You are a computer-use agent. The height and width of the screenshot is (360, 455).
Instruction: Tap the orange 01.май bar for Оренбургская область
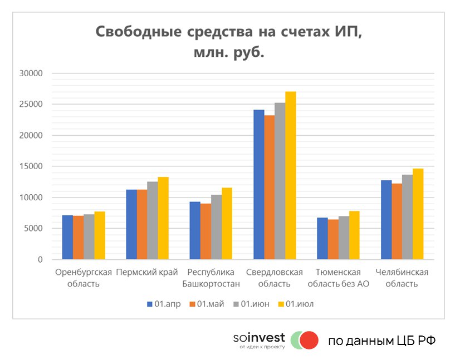click(78, 238)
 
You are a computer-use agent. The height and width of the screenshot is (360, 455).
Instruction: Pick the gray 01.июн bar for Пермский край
click(152, 220)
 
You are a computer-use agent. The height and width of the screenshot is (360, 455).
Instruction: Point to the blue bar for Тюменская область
click(322, 239)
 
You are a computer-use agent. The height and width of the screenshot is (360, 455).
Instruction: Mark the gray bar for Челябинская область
click(407, 217)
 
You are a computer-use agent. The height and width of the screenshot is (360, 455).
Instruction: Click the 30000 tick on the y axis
click(31, 73)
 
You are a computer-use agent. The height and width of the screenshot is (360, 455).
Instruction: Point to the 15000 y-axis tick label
click(31, 166)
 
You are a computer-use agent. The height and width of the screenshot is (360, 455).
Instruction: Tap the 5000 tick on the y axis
click(33, 229)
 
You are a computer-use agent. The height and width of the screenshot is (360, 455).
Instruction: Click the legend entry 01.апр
click(164, 304)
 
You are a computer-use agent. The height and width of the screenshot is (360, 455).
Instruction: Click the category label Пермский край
click(151, 272)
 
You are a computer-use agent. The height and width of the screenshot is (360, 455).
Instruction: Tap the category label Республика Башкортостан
click(214, 278)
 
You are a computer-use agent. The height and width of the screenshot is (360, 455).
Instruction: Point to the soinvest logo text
click(259, 338)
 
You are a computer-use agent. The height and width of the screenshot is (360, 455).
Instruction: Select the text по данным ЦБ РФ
click(381, 341)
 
